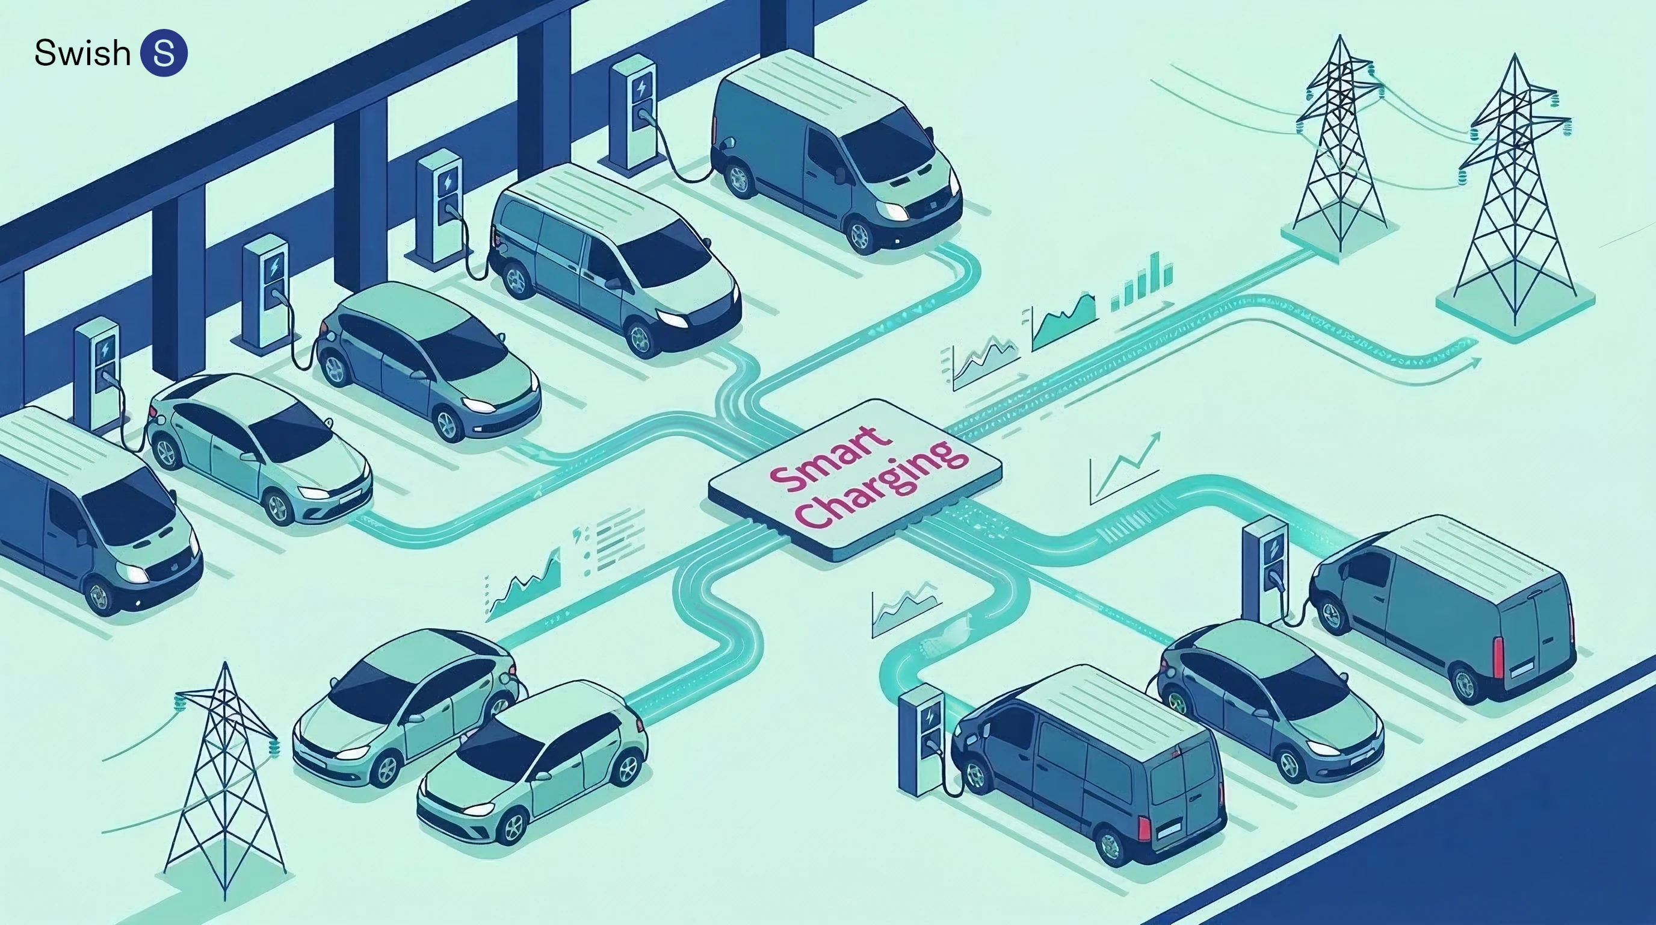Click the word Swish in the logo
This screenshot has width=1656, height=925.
(x=82, y=53)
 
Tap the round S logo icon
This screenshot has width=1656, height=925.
(x=164, y=53)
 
